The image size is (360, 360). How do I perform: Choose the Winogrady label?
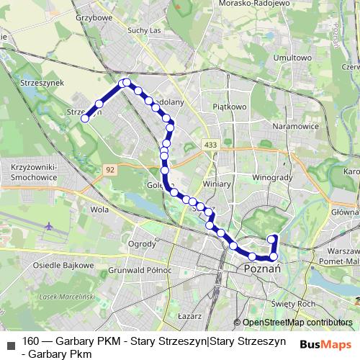270,176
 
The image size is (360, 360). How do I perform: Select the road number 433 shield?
210,145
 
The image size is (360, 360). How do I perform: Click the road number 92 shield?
109,168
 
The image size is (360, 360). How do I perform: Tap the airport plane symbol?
49,226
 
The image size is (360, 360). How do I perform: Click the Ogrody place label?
141,243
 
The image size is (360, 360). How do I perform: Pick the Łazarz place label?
187,315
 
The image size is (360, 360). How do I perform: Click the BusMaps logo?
325,344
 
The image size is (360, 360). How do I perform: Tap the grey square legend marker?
10,344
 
